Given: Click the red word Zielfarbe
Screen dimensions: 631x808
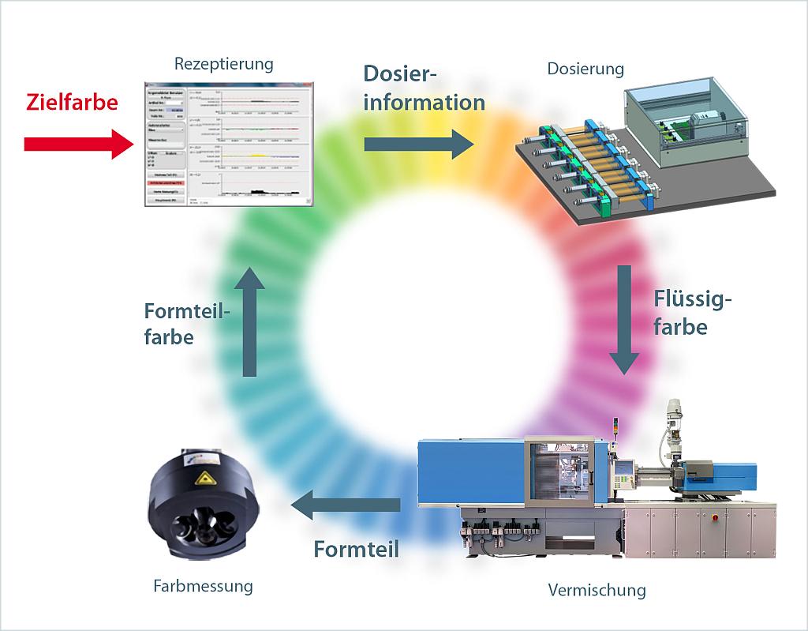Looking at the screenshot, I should click(x=72, y=103).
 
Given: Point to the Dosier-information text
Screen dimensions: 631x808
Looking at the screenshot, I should click(x=424, y=88).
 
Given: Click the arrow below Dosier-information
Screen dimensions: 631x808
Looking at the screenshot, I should click(x=419, y=144).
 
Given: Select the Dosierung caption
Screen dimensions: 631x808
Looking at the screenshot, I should click(x=585, y=69).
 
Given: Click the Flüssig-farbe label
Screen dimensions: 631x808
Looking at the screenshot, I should click(x=693, y=313).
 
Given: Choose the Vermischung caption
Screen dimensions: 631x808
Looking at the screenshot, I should click(x=597, y=590).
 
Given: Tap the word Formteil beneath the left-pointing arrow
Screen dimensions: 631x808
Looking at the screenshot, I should click(x=355, y=548).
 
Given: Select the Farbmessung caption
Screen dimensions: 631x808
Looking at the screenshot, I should click(x=204, y=586).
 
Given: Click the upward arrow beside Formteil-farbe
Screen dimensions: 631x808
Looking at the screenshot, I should click(x=249, y=320).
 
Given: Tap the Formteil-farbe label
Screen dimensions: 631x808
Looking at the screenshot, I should click(x=186, y=323).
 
